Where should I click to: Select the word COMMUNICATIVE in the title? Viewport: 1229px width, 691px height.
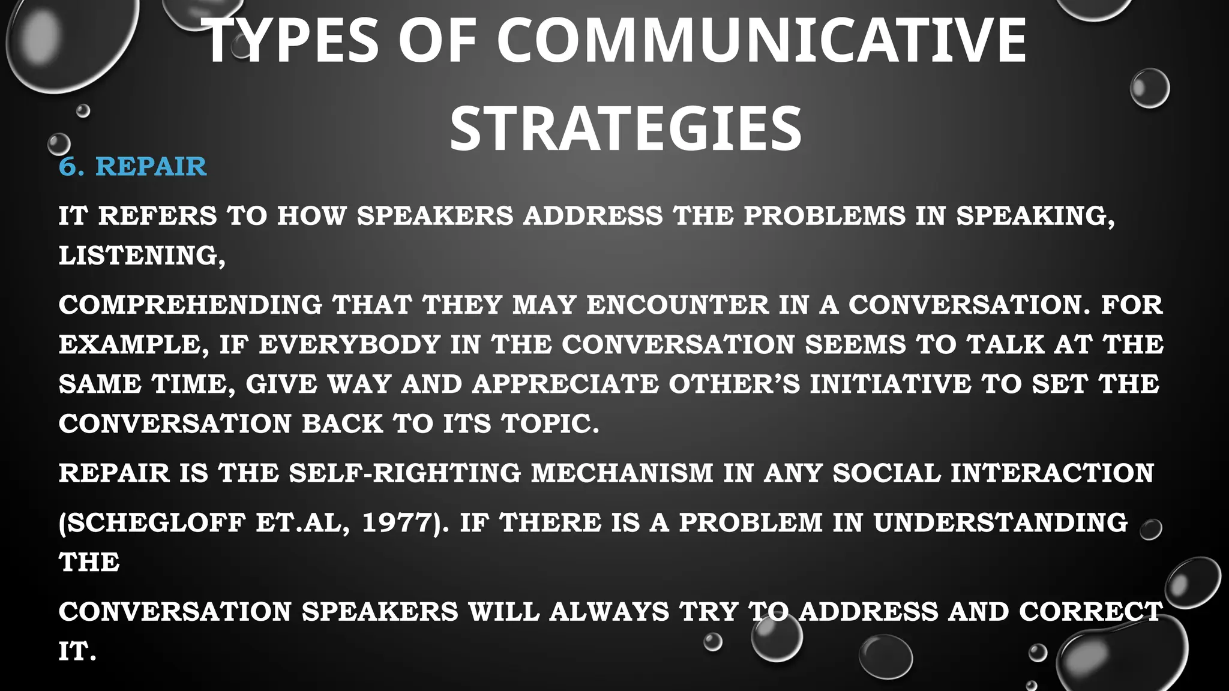762,41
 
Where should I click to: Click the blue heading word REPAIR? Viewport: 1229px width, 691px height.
151,167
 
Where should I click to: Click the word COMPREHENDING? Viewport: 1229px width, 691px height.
191,305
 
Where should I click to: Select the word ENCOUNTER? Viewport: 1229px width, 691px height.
678,305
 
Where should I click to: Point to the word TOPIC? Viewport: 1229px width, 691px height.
550,424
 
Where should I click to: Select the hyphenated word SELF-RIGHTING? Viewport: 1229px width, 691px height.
405,473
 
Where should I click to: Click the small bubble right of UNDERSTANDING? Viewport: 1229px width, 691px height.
1150,530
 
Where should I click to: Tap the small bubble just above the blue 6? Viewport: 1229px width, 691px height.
59,144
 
